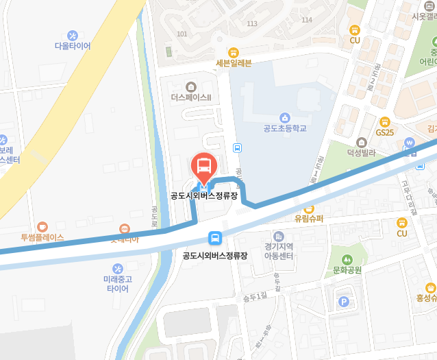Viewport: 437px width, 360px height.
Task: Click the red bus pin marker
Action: coord(203,166)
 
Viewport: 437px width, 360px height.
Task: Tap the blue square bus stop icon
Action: coord(215,239)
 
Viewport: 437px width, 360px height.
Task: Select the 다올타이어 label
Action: coord(73,46)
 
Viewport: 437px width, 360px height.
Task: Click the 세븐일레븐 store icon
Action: coord(234,52)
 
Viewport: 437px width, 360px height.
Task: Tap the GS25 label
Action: coord(385,132)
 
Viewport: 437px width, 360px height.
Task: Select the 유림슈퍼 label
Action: coord(308,219)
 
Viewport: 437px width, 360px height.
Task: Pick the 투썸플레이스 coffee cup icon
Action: coord(42,226)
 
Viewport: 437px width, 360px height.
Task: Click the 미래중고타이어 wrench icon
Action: coord(116,267)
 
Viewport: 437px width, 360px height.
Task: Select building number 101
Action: coord(182,34)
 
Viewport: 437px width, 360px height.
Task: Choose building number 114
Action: coord(306,20)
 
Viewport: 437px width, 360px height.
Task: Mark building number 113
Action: coord(251,23)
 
